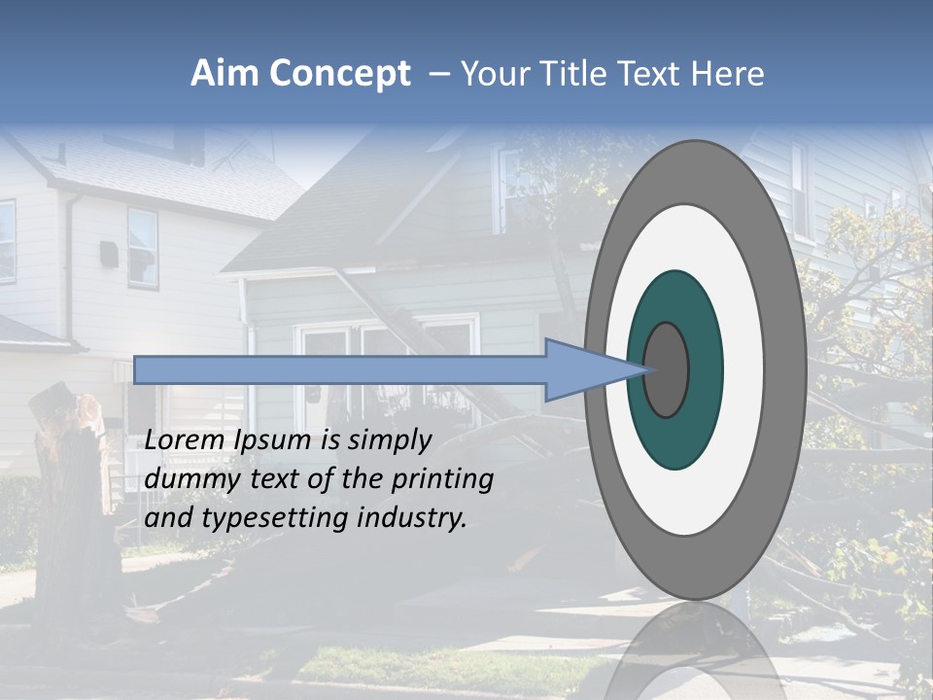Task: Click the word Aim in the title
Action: coord(225,74)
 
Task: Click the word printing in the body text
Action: coord(445,480)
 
